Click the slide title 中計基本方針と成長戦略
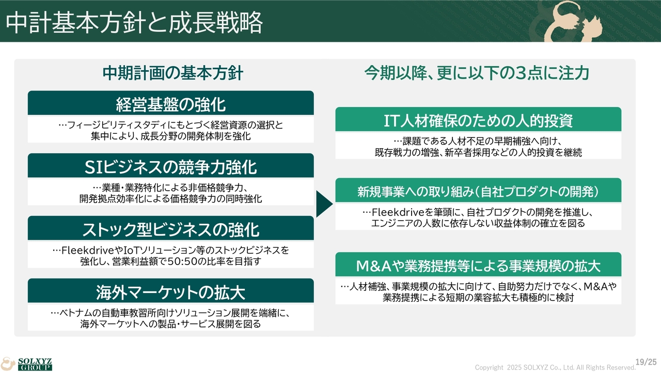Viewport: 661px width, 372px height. (x=134, y=22)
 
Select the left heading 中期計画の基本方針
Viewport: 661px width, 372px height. (x=173, y=73)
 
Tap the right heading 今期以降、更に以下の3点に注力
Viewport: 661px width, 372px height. (x=477, y=73)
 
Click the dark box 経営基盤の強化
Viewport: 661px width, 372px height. (x=170, y=103)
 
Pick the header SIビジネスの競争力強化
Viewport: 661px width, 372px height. (x=170, y=165)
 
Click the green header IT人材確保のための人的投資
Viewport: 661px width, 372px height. (x=478, y=119)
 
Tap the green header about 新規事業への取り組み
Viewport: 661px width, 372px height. (x=478, y=190)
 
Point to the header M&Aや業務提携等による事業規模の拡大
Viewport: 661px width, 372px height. (x=478, y=265)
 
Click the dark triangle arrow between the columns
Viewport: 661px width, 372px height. (x=323, y=204)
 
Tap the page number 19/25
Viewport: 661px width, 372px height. (x=646, y=362)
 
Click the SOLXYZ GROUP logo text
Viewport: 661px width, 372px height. (x=35, y=364)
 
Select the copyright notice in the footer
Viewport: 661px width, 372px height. (x=555, y=367)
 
